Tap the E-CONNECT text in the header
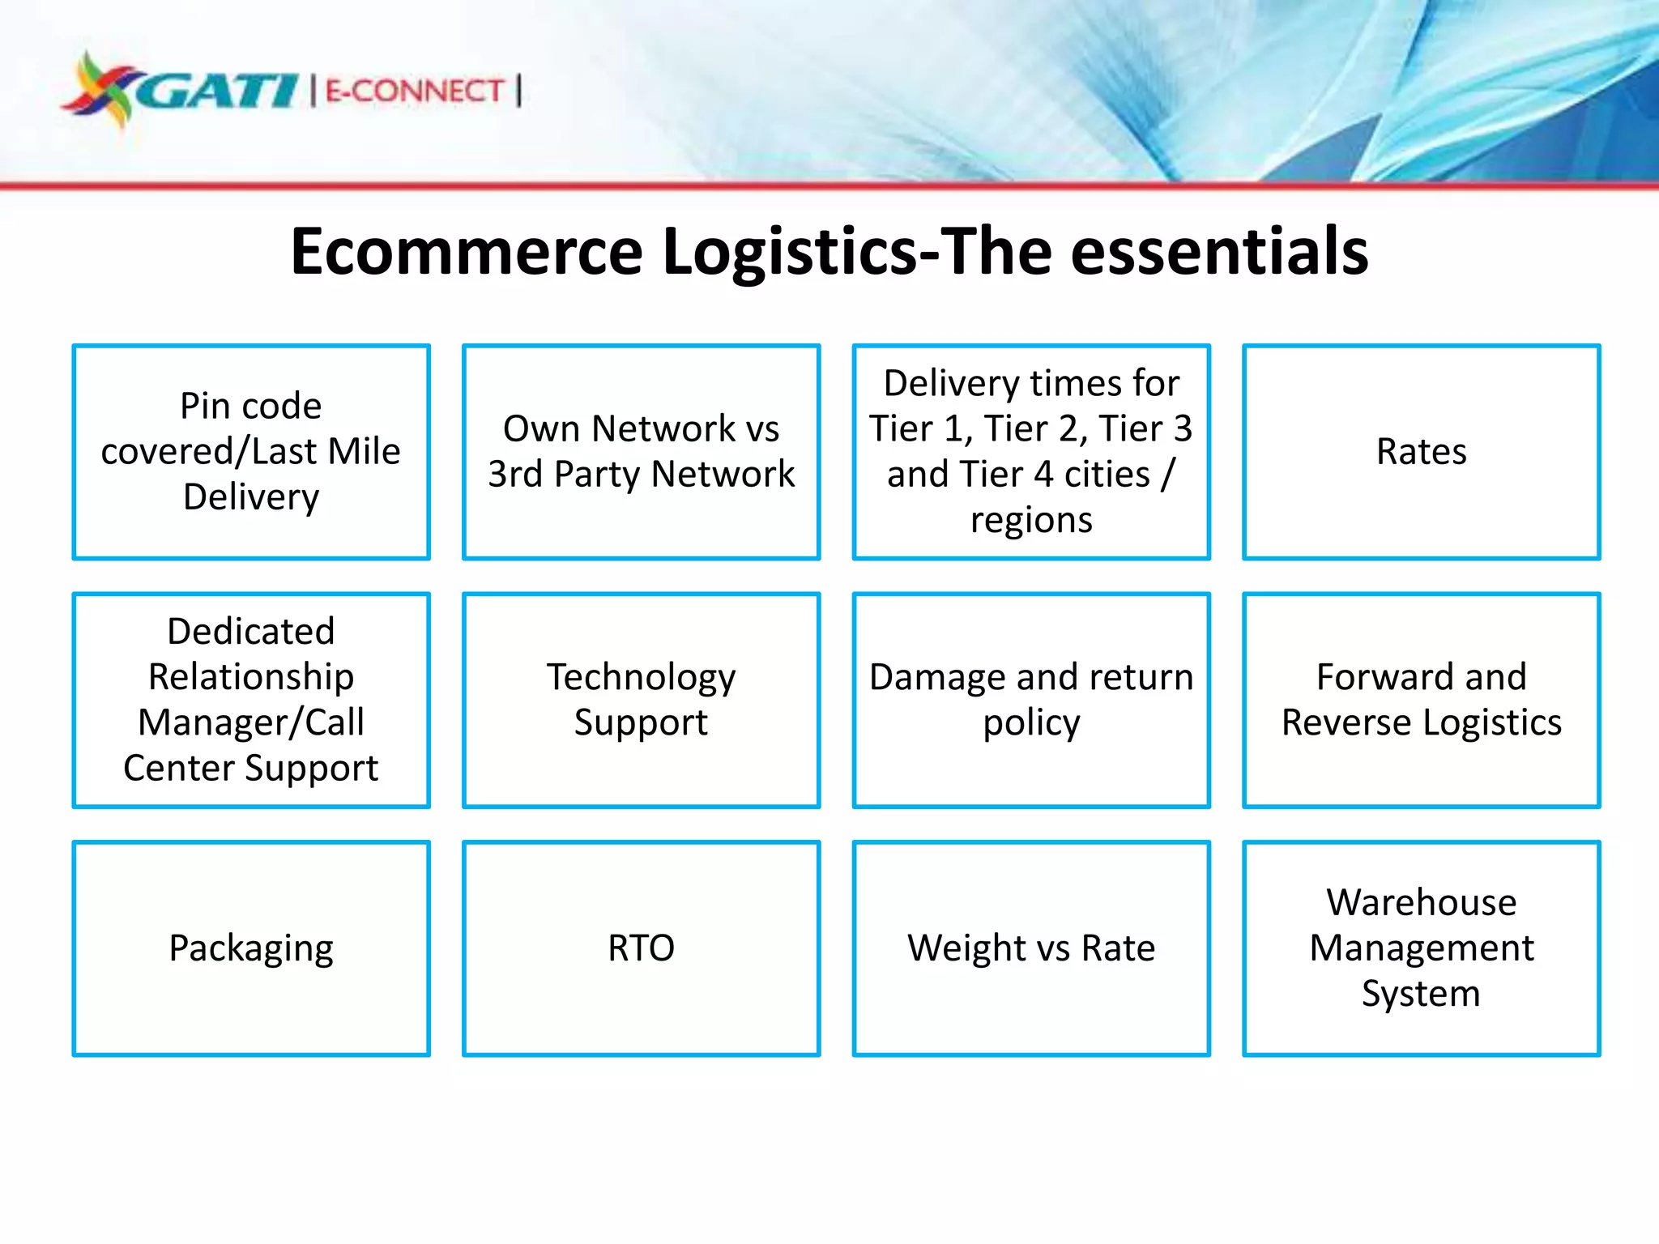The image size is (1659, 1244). pyautogui.click(x=415, y=91)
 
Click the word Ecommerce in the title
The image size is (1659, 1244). pyautogui.click(x=467, y=252)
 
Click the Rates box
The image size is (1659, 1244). pyautogui.click(x=1421, y=452)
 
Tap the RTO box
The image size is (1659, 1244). pyautogui.click(x=641, y=948)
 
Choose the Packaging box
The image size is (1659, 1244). pyautogui.click(x=251, y=948)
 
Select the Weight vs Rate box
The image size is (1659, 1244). pyautogui.click(x=1031, y=948)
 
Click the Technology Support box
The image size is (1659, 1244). pyautogui.click(x=641, y=700)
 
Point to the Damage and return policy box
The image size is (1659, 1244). pyautogui.click(x=1031, y=700)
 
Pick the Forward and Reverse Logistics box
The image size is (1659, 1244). pyautogui.click(x=1421, y=700)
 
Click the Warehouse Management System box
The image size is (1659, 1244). pyautogui.click(x=1421, y=948)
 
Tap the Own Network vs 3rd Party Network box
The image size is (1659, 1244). pyautogui.click(x=641, y=452)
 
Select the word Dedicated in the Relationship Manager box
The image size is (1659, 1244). pyautogui.click(x=251, y=632)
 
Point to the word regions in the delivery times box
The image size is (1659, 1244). pyautogui.click(x=1031, y=520)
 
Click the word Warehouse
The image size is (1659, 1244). pyautogui.click(x=1421, y=902)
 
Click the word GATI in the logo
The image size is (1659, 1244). pyautogui.click(x=217, y=91)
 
